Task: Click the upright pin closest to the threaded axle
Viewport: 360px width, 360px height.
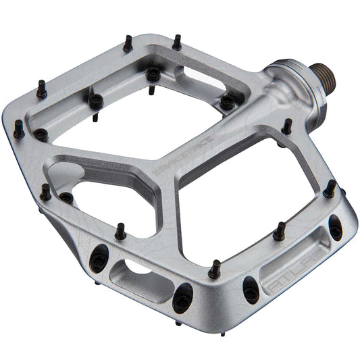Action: click(x=287, y=126)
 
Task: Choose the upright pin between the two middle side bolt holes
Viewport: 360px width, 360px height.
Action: click(x=214, y=269)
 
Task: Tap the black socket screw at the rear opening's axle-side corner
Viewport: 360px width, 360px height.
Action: click(x=228, y=101)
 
